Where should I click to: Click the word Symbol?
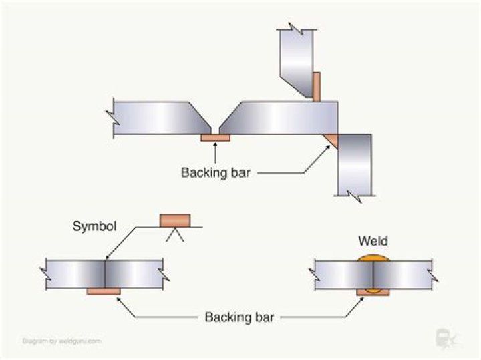coord(94,226)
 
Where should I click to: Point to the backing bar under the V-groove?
coord(215,138)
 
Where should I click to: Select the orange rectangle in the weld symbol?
coord(174,220)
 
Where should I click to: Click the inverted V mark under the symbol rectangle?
coord(174,234)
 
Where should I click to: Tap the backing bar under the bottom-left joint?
coord(104,291)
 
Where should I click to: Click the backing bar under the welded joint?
coord(369,292)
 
